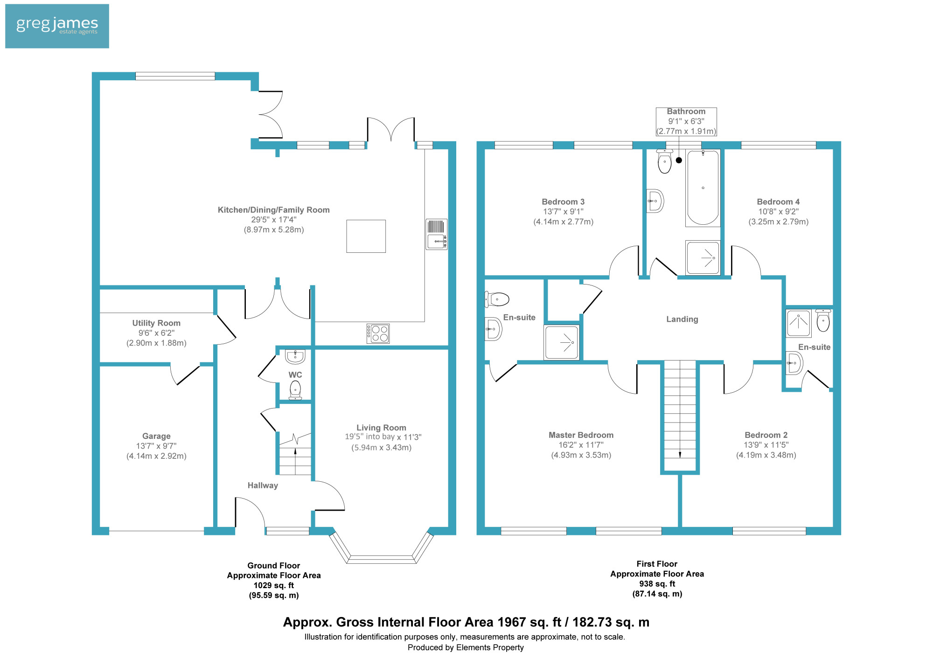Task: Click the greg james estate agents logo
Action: point(57,26)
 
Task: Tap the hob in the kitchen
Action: point(378,333)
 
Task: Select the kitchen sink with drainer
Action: point(436,235)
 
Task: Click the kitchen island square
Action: point(366,236)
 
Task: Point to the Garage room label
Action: point(156,436)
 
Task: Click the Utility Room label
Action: point(156,323)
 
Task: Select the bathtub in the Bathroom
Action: point(703,188)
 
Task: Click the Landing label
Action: point(682,319)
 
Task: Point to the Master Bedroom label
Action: point(581,435)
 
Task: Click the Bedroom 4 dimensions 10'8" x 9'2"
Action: point(779,212)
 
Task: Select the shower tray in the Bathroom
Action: point(703,257)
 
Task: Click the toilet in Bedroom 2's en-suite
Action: point(823,320)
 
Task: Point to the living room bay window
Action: point(382,547)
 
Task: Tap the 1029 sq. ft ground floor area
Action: point(274,585)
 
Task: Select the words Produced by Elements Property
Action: point(466,647)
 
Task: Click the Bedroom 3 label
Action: point(563,201)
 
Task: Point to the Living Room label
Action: point(381,427)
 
